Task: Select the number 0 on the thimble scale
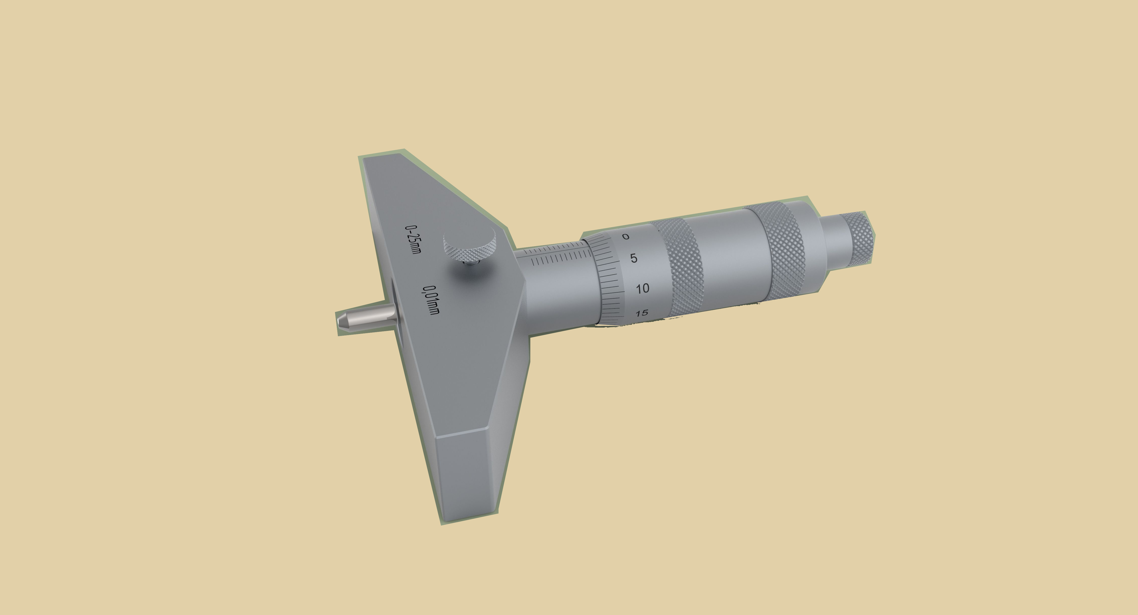tap(626, 237)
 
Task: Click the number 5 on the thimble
tap(634, 258)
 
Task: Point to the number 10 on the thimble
tap(643, 288)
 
